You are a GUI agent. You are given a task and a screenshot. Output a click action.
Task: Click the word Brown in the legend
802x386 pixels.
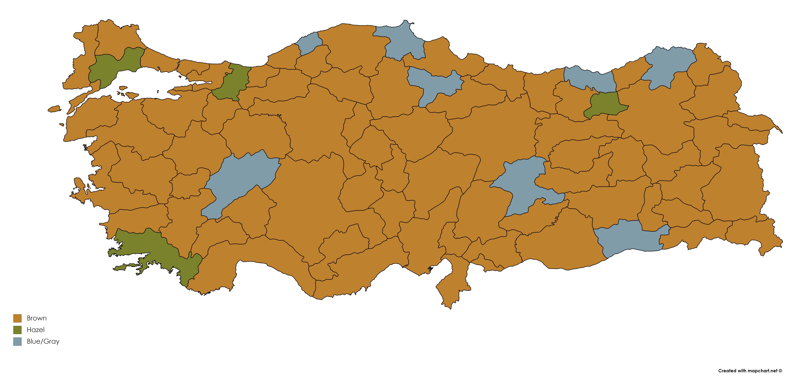[37, 318]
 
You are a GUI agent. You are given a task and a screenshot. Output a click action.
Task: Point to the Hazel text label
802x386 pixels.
[35, 330]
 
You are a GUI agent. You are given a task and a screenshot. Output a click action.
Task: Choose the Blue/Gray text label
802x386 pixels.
[43, 341]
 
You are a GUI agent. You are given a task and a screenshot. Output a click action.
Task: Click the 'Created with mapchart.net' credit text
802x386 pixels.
[750, 371]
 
